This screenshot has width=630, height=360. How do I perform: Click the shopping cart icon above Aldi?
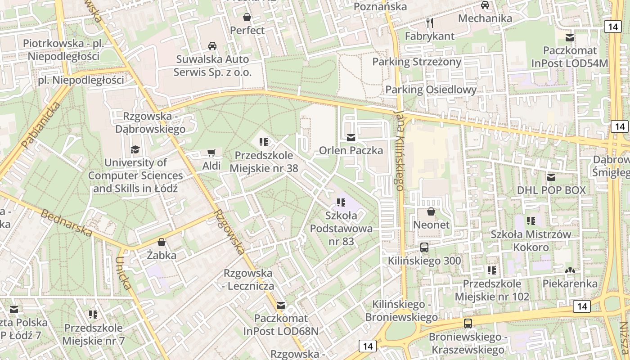pos(211,153)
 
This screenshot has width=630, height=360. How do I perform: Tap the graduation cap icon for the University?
pos(135,149)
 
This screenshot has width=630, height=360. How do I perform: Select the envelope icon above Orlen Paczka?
pos(351,138)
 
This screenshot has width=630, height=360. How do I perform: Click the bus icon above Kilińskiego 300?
pos(424,247)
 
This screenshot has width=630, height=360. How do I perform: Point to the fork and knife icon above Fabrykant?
pos(430,22)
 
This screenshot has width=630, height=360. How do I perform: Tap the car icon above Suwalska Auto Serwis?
pos(212,46)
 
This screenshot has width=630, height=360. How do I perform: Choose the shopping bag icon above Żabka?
pos(162,243)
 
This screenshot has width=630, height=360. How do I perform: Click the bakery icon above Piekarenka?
pos(570,270)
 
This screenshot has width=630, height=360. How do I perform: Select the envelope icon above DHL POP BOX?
pos(551,177)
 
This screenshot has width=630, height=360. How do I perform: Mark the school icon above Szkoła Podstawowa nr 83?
pos(341,203)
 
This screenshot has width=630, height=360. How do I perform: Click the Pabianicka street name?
pos(40,126)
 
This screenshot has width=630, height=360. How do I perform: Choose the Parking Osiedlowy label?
pos(431,90)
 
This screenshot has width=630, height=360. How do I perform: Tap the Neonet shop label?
pos(431,224)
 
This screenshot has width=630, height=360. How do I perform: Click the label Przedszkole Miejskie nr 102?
pos(492,290)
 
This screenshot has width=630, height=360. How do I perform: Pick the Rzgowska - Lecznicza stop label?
pos(248,279)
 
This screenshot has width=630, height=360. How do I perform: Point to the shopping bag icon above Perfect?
pos(247,18)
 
